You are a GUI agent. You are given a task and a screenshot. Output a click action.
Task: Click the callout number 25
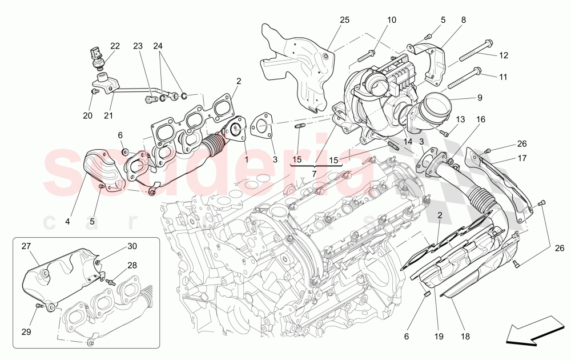[344, 21]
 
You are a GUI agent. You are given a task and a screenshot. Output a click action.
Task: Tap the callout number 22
[115, 46]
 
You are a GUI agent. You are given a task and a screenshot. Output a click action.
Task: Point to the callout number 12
[503, 55]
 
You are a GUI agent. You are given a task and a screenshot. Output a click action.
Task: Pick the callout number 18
[465, 337]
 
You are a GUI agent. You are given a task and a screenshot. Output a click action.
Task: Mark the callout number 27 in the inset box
[26, 247]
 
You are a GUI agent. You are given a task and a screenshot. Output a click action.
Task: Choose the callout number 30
[132, 246]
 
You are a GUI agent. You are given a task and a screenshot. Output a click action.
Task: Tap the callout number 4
[67, 221]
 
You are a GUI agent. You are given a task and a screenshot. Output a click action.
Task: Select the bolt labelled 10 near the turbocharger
[366, 56]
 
